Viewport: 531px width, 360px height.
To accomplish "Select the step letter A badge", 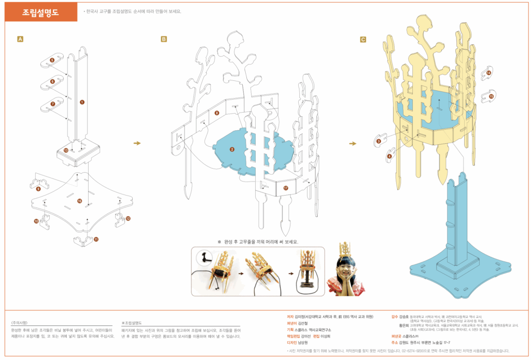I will pyautogui.click(x=20, y=39).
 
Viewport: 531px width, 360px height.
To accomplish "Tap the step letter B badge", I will pyautogui.click(x=164, y=39).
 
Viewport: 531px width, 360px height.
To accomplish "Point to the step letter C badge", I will pyautogui.click(x=362, y=39).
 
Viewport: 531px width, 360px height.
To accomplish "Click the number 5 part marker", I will pyautogui.click(x=52, y=61).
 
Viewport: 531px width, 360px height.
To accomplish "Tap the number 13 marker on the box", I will pyautogui.click(x=66, y=150).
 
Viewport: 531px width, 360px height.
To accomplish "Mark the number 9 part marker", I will pyautogui.click(x=38, y=189).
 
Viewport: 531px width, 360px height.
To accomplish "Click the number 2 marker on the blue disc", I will pyautogui.click(x=232, y=149).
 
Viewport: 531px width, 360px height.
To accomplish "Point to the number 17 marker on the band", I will pyautogui.click(x=286, y=189).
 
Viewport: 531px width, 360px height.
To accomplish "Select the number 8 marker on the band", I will pyautogui.click(x=217, y=113).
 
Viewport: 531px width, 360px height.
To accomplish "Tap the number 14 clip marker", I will pyautogui.click(x=488, y=73).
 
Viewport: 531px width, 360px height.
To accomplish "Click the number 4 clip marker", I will pyautogui.click(x=389, y=156).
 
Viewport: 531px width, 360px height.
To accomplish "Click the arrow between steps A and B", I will pyautogui.click(x=137, y=143).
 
